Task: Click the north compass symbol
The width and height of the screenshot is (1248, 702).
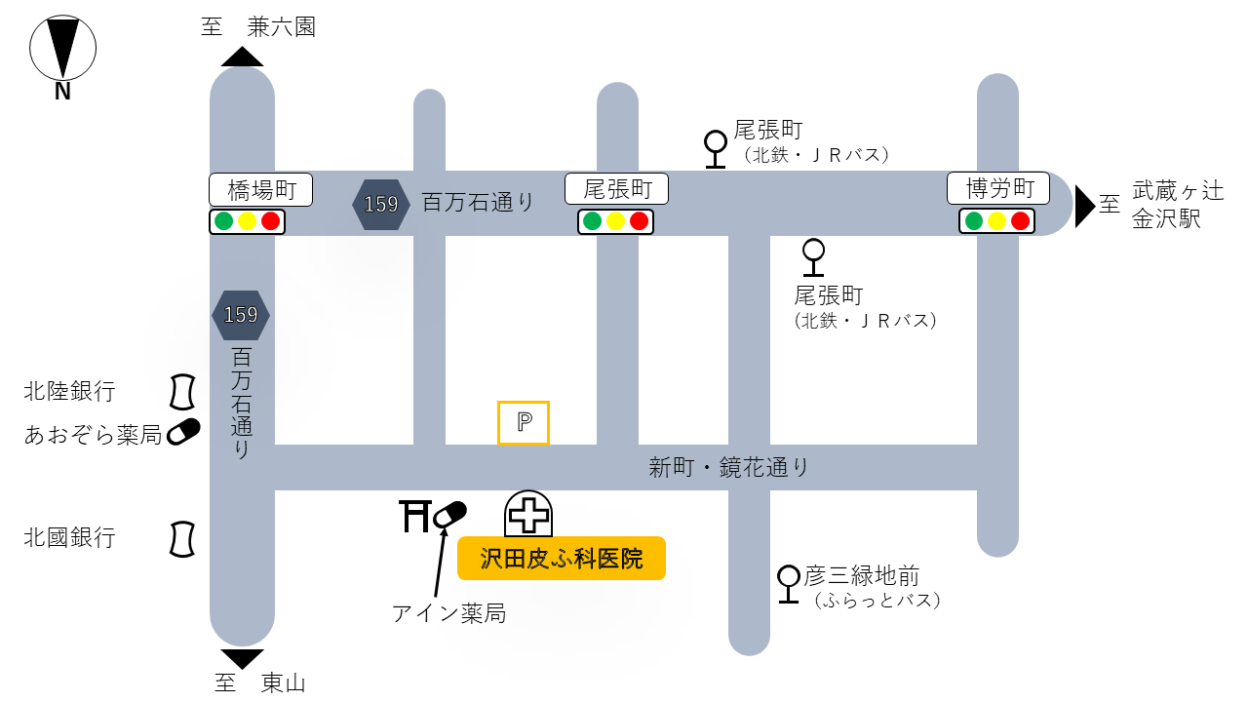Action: (x=62, y=49)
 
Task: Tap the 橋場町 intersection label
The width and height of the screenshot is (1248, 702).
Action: (x=260, y=189)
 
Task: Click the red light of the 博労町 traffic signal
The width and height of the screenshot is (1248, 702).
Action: (x=1020, y=221)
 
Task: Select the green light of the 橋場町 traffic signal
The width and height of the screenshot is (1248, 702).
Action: (x=224, y=221)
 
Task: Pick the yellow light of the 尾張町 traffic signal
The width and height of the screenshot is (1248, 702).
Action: (x=615, y=221)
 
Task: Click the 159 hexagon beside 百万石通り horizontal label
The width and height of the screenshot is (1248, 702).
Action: (x=380, y=204)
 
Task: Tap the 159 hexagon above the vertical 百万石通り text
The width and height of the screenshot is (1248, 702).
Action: (x=241, y=315)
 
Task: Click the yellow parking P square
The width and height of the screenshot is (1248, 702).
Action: (x=524, y=423)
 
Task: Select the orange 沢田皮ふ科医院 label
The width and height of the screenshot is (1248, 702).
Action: (x=562, y=559)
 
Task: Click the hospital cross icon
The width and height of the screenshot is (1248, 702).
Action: (x=529, y=514)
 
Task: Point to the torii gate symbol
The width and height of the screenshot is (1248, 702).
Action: (x=415, y=515)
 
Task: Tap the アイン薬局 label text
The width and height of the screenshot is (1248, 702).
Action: (x=448, y=613)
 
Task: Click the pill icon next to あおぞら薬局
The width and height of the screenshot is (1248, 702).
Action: (x=183, y=431)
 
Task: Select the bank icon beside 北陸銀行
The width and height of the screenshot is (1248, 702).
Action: (x=181, y=392)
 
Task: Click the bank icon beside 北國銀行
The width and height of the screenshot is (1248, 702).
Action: (x=181, y=538)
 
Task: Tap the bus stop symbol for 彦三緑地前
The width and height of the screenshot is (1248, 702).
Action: (x=789, y=583)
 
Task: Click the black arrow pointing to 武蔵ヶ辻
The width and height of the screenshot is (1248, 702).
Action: (x=1084, y=206)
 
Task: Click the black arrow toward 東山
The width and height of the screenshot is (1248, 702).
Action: (x=242, y=658)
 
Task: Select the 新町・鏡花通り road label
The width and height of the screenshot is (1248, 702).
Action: (x=729, y=468)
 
